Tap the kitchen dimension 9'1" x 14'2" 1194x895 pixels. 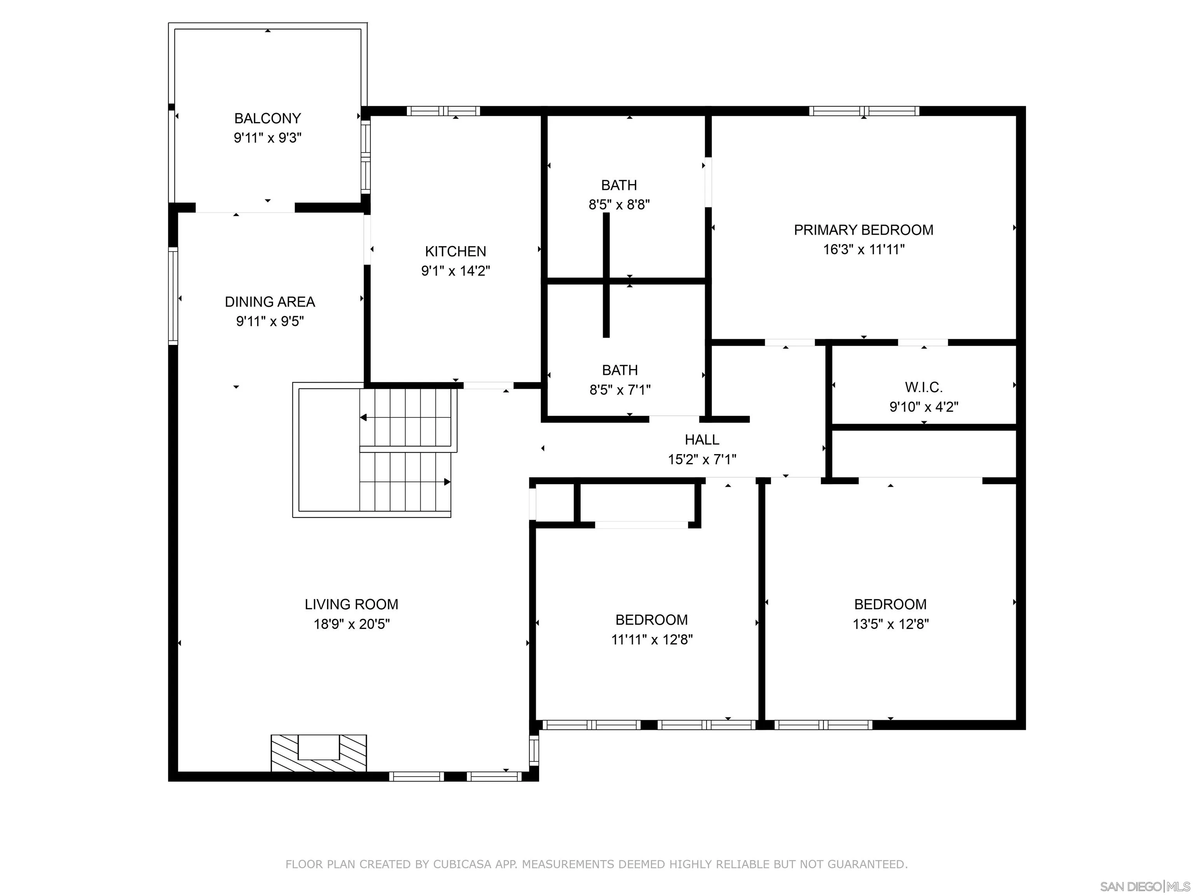coord(455,271)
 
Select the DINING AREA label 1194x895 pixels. coord(269,301)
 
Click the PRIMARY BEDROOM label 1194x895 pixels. coord(863,230)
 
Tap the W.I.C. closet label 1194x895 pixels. coord(923,387)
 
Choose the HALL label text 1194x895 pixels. coord(702,440)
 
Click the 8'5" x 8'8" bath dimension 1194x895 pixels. coord(619,204)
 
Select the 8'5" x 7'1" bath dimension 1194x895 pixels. coord(620,390)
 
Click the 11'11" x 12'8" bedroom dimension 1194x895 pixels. coord(651,640)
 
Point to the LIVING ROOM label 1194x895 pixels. coord(351,604)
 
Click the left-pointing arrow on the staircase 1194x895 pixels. coord(364,418)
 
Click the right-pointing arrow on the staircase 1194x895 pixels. coord(447,482)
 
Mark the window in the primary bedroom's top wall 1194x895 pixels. coord(863,111)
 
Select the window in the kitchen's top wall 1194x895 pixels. coord(443,111)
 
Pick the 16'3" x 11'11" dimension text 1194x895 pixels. coord(863,249)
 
